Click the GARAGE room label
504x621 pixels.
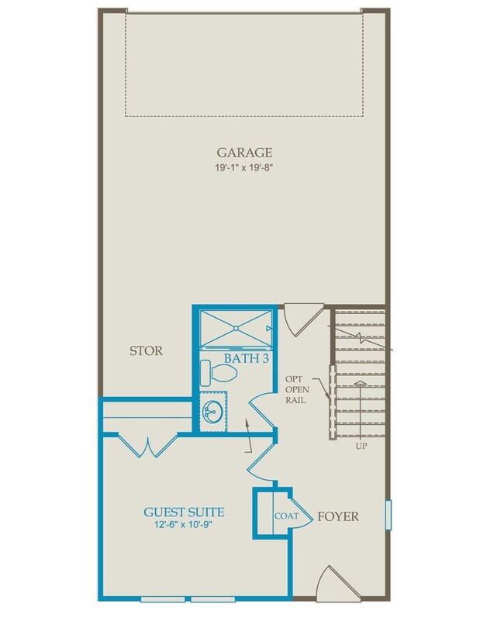tap(244, 152)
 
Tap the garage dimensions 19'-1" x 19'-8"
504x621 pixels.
tap(244, 167)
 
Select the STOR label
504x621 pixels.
tap(146, 351)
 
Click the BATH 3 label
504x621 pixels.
tap(247, 358)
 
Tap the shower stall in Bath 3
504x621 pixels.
tap(235, 329)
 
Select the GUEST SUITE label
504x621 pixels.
tap(185, 512)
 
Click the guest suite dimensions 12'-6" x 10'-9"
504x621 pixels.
tap(185, 526)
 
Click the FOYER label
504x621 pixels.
tap(338, 516)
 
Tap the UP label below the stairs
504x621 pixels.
tap(360, 447)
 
